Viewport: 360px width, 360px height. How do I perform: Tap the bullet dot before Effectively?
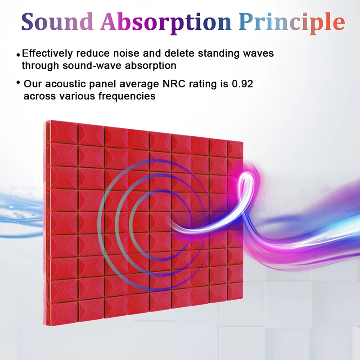[x=18, y=55]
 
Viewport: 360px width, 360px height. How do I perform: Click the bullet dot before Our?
[x=18, y=82]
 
